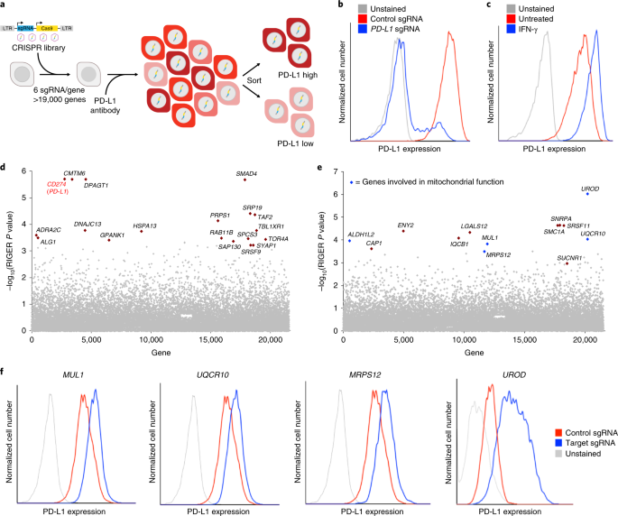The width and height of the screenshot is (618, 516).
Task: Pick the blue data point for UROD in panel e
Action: pyautogui.click(x=586, y=193)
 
